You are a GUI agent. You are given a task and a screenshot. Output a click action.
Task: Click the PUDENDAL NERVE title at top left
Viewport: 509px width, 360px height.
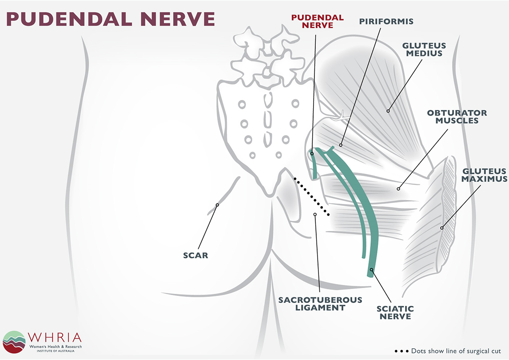[x=111, y=19]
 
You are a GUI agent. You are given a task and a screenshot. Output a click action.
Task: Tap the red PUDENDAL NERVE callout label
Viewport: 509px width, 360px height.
[x=317, y=21]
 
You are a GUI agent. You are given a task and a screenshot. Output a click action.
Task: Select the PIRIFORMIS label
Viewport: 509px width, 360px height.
[x=386, y=21]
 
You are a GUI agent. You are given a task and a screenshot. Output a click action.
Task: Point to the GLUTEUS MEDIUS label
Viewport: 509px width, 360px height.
[x=424, y=49]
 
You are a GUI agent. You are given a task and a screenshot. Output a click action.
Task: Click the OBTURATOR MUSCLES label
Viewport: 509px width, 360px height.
[x=457, y=116]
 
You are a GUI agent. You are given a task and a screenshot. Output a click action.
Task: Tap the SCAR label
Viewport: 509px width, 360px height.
[x=195, y=256]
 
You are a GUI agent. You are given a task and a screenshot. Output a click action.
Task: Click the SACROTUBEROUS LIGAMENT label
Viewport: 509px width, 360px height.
[x=320, y=304]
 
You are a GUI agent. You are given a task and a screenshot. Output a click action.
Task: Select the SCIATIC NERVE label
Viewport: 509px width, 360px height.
[x=395, y=312]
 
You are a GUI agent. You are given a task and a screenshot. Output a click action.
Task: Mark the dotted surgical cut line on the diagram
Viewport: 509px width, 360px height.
[x=311, y=196]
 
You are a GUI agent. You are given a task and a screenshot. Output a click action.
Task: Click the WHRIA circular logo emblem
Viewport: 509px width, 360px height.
[x=14, y=342]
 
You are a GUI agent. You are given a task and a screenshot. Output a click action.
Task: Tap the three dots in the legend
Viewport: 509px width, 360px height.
[x=401, y=351]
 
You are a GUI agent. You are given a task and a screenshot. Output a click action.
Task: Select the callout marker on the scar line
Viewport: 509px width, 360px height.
[x=217, y=205]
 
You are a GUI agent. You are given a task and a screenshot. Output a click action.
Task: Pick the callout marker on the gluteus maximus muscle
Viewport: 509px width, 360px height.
[x=442, y=228]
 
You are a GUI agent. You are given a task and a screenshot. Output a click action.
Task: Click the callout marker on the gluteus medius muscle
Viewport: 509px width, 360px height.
[x=388, y=111]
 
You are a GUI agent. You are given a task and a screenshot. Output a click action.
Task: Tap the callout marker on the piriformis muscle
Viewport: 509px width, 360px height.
[x=341, y=144]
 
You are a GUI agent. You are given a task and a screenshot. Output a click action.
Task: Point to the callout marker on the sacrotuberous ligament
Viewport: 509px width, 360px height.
[x=314, y=215]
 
